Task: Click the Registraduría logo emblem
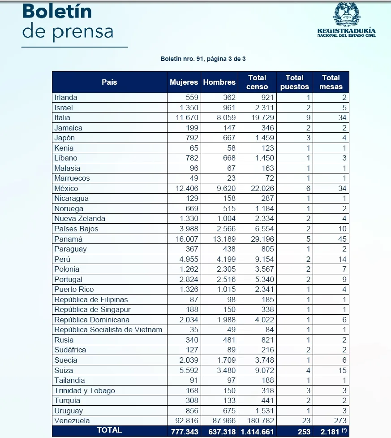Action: pos(346,14)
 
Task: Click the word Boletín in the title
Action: pos(57,12)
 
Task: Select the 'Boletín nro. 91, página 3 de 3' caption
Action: pos(203,59)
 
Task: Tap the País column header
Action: pos(109,82)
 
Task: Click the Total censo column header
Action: pos(257,82)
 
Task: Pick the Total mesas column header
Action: pos(331,82)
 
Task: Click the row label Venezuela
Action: pos(72,421)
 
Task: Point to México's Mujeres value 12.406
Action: pos(187,188)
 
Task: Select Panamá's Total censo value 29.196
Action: pos(262,239)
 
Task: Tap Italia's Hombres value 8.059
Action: pos(226,117)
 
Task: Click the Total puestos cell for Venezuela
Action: pos(306,421)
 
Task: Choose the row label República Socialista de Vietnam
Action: pos(108,330)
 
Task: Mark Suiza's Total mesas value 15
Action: pos(342,370)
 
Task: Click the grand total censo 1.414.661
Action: pos(257,432)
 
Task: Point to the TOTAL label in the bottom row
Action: pos(109,430)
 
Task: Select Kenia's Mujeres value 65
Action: pos(193,148)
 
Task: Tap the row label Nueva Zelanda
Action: pos(80,218)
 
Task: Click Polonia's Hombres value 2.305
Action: pos(226,269)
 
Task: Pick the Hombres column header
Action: pos(219,82)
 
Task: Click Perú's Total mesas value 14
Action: pos(342,259)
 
